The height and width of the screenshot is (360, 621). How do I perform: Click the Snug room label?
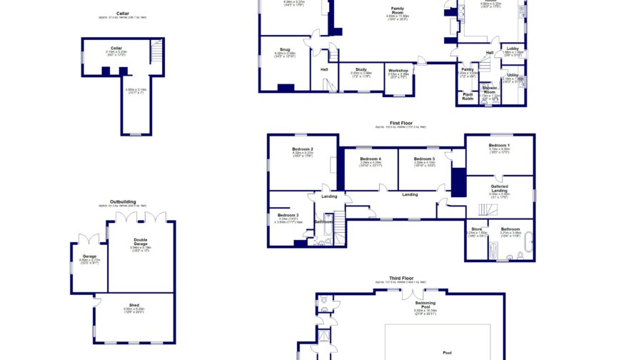[x=285, y=49]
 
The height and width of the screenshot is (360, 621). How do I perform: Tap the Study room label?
[x=361, y=69]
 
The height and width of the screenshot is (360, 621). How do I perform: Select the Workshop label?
[x=398, y=70]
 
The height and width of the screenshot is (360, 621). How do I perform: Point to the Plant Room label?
[x=468, y=97]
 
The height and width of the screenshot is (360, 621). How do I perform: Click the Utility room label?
[x=513, y=75]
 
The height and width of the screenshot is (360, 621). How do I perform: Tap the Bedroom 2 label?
[x=303, y=149]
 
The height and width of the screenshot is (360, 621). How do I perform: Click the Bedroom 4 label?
[x=370, y=159]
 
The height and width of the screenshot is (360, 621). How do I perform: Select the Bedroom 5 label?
[x=424, y=159]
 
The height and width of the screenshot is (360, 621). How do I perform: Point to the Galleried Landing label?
[x=499, y=188]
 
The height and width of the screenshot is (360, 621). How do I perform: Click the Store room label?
[x=476, y=229]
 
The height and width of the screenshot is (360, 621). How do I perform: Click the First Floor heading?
[x=400, y=123]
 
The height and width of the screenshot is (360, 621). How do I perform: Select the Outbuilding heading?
[x=123, y=202]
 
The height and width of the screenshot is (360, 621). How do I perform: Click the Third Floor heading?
[x=400, y=278]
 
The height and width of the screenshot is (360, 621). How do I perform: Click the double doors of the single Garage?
[x=90, y=237]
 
